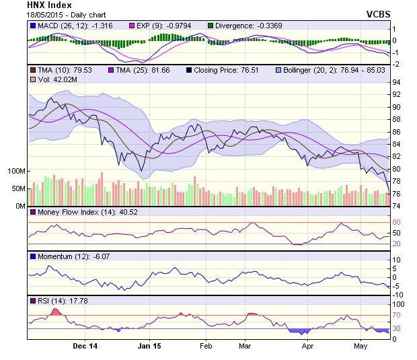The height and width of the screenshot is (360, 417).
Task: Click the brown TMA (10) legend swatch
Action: point(32,69)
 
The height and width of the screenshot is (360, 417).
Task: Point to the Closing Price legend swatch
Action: point(189,69)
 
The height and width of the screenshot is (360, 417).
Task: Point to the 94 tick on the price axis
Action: point(397,82)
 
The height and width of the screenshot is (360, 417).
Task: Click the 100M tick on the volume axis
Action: point(17,171)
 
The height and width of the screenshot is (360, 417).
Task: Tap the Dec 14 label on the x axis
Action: point(85,347)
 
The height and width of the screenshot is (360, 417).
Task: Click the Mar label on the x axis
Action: point(245,347)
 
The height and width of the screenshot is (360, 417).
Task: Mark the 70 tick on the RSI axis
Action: point(397,314)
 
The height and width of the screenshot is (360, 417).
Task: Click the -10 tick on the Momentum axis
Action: point(397,294)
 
